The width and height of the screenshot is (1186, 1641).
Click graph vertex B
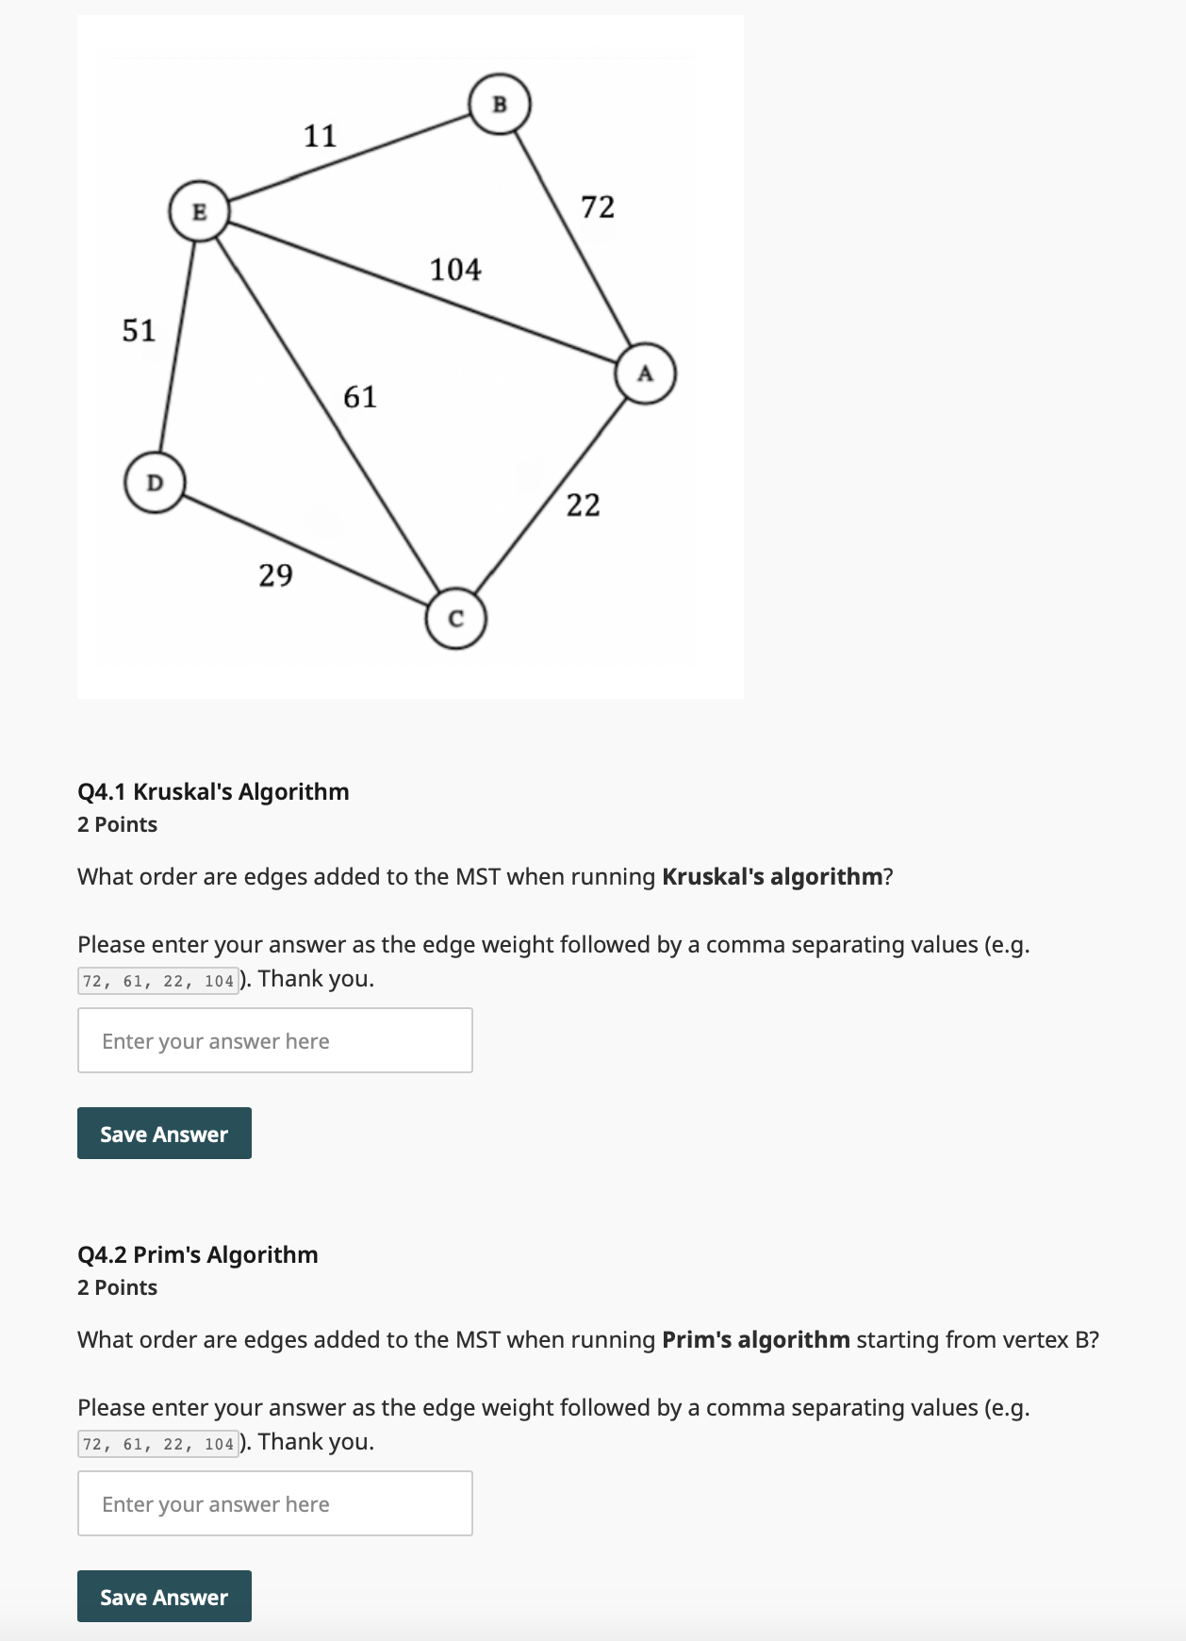point(500,104)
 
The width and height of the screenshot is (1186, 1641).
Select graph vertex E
point(199,211)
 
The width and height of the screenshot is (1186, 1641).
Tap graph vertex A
point(645,373)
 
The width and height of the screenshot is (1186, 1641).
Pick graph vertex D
point(155,483)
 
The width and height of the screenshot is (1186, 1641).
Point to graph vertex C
point(456,619)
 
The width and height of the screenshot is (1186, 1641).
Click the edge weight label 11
point(320,136)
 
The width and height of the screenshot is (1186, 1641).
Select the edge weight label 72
point(598,207)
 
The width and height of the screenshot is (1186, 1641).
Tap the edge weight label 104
point(455,270)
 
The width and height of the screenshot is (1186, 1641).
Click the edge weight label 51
point(139,330)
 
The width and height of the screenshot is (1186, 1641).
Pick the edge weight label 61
point(359,397)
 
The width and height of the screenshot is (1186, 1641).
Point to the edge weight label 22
point(583,506)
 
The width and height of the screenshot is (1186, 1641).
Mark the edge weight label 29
point(275,574)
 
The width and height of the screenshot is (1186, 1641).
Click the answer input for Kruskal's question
point(274,1040)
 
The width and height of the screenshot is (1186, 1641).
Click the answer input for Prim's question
point(274,1503)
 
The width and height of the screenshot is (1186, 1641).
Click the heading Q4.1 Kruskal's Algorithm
point(213,791)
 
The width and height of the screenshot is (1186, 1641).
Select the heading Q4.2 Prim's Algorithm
point(198,1254)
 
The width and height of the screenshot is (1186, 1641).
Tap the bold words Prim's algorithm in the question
point(755,1339)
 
